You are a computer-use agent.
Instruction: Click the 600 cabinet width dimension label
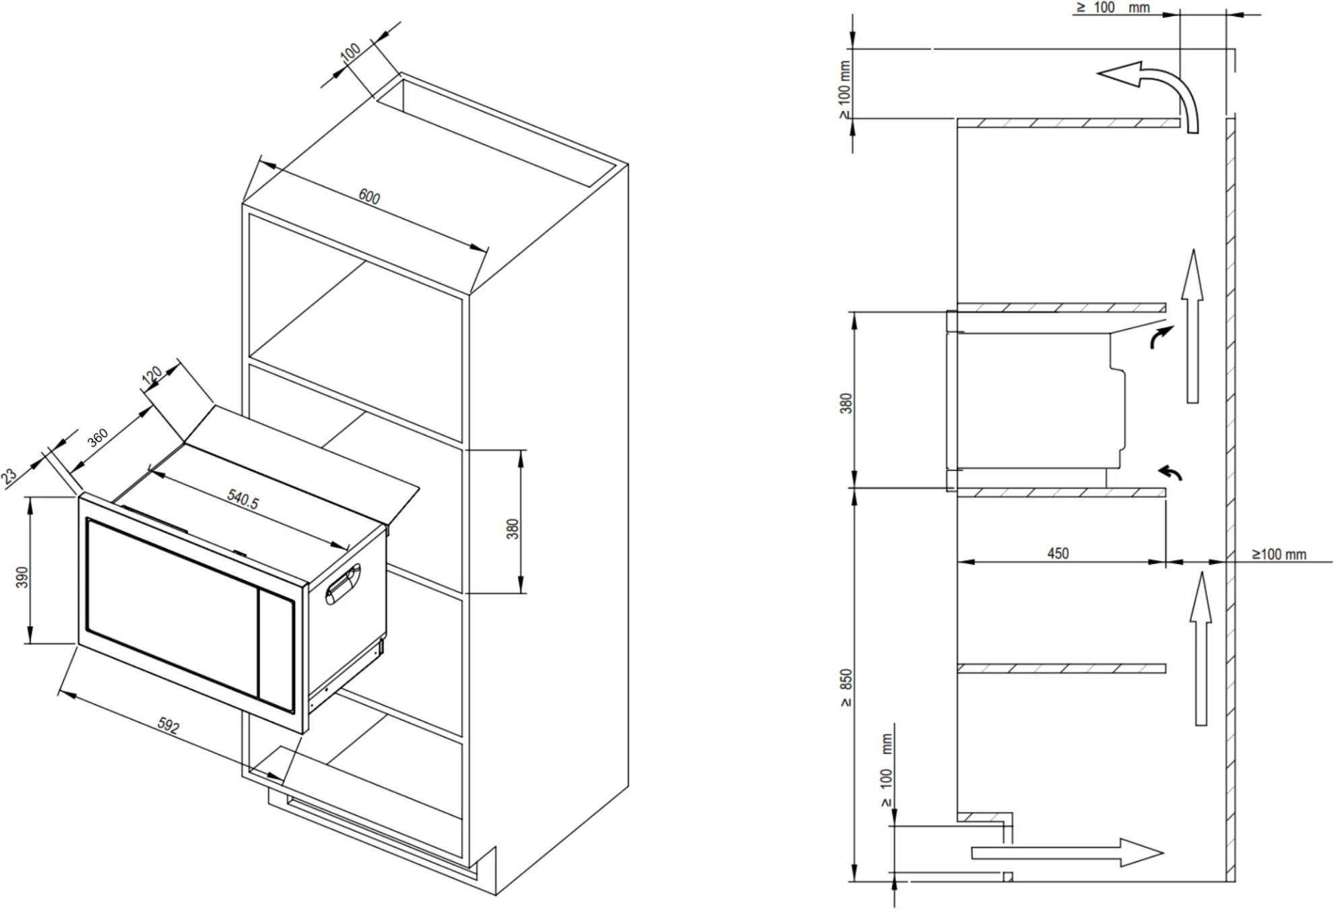(x=369, y=197)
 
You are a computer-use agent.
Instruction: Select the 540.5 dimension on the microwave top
(x=243, y=499)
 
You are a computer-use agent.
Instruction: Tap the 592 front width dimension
(x=168, y=726)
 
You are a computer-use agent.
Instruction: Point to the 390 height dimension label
(x=22, y=577)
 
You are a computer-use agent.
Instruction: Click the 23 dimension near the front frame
(x=9, y=476)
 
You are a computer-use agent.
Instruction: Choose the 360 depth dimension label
(x=98, y=438)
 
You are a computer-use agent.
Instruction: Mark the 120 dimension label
(x=152, y=375)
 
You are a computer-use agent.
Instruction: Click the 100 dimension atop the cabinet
(x=350, y=52)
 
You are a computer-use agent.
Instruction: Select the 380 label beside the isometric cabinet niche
(x=513, y=529)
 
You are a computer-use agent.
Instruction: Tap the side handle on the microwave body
(x=344, y=584)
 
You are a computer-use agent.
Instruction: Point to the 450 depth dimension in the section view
(x=1058, y=553)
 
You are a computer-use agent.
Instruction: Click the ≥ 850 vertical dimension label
(x=846, y=687)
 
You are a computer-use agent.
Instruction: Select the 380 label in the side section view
(x=846, y=403)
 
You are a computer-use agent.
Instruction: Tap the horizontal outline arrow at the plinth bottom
(x=1068, y=852)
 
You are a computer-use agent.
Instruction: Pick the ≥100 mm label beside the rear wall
(x=1279, y=555)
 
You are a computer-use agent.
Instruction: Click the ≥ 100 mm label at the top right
(x=1112, y=8)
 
